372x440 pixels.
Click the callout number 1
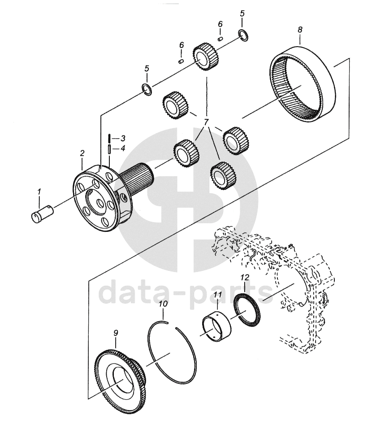coord(39,192)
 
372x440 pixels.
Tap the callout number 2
coord(82,153)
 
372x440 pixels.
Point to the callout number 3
coord(122,138)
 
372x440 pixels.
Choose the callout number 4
coord(122,148)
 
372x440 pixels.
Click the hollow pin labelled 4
coord(109,149)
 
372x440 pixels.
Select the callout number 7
coord(206,122)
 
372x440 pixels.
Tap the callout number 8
coord(300,30)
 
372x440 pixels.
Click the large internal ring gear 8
coord(303,85)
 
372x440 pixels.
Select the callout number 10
coord(163,304)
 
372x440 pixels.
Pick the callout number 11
coord(218,295)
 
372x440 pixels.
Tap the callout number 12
coord(244,278)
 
